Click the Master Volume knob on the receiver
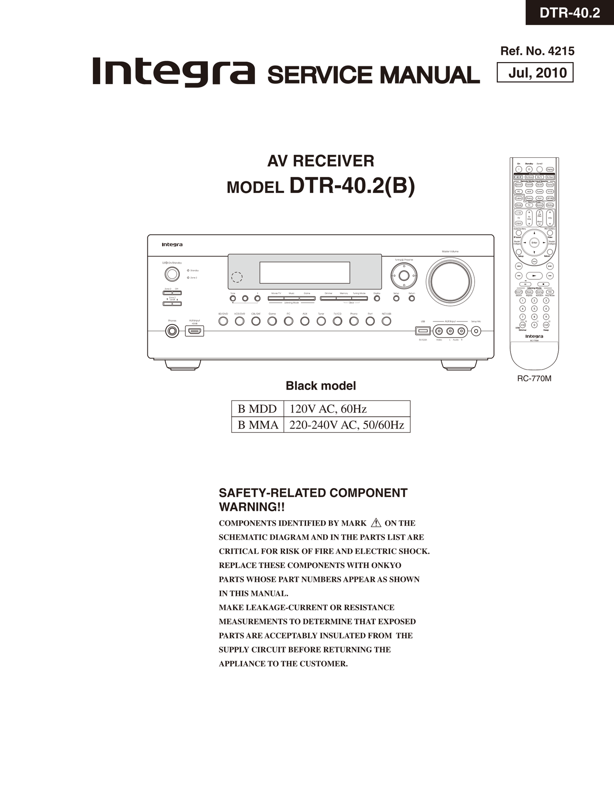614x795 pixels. click(450, 281)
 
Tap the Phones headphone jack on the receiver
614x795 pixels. click(172, 330)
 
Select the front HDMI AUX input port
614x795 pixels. click(195, 331)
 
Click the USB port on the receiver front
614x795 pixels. click(423, 331)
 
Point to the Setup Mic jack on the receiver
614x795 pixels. click(476, 331)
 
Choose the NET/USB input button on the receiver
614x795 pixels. click(386, 321)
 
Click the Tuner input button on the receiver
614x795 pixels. click(321, 321)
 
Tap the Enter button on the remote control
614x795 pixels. click(534, 243)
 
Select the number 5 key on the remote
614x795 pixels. click(535, 309)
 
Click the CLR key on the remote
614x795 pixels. click(546, 325)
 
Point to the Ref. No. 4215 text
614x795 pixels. click(537, 51)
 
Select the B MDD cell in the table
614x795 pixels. click(257, 409)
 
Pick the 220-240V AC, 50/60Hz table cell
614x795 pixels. click(346, 425)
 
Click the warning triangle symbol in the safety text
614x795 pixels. click(376, 523)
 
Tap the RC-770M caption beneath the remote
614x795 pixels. click(534, 378)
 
